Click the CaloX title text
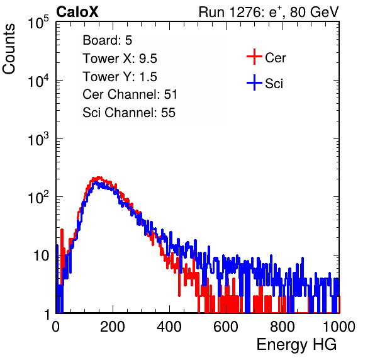pyautogui.click(x=77, y=12)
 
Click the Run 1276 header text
pyautogui.click(x=269, y=12)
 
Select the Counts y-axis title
pyautogui.click(x=9, y=48)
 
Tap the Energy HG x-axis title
pyautogui.click(x=296, y=345)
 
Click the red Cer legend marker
pyautogui.click(x=254, y=57)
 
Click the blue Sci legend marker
pyautogui.click(x=254, y=82)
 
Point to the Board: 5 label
pyautogui.click(x=108, y=40)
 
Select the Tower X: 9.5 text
pyautogui.click(x=120, y=59)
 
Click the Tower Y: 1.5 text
pyautogui.click(x=120, y=77)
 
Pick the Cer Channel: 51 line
pyautogui.click(x=130, y=94)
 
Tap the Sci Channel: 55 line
pyautogui.click(x=129, y=113)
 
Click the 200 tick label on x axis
pyautogui.click(x=113, y=327)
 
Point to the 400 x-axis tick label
pyautogui.click(x=169, y=327)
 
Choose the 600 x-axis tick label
pyautogui.click(x=226, y=327)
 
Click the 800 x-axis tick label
pyautogui.click(x=283, y=327)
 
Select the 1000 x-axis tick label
pyautogui.click(x=339, y=327)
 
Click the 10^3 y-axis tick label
pyautogui.click(x=38, y=139)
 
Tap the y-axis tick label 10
pyautogui.click(x=41, y=256)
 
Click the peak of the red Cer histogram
pyautogui.click(x=98, y=177)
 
